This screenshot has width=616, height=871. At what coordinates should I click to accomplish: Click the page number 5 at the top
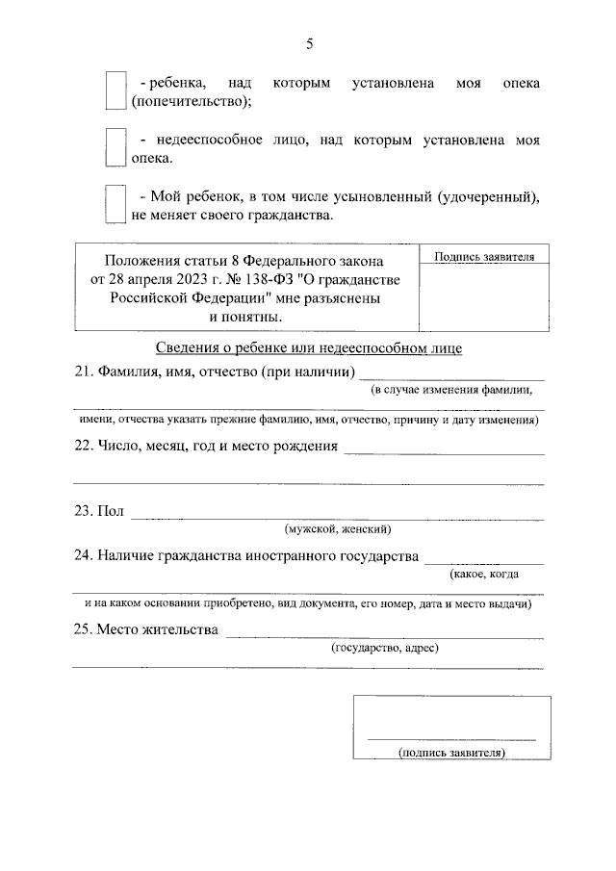[309, 43]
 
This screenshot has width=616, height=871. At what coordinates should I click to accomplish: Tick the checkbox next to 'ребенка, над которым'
[115, 90]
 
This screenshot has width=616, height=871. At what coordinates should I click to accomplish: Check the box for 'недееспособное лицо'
[115, 148]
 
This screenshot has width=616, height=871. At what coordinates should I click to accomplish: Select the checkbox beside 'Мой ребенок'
[115, 204]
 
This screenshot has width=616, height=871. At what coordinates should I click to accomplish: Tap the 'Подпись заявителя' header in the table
[478, 256]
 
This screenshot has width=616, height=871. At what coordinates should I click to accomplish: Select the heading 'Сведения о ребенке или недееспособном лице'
[308, 347]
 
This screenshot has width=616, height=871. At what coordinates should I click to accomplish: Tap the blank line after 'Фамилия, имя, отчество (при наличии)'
[452, 379]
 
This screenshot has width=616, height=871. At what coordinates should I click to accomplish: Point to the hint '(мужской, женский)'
[337, 529]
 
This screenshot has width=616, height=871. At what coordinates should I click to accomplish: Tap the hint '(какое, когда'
[484, 574]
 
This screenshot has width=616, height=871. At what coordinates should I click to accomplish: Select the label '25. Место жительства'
[145, 629]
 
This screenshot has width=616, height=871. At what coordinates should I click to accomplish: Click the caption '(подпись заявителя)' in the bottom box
[451, 753]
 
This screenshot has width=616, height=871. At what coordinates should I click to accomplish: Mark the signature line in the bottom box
[451, 738]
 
